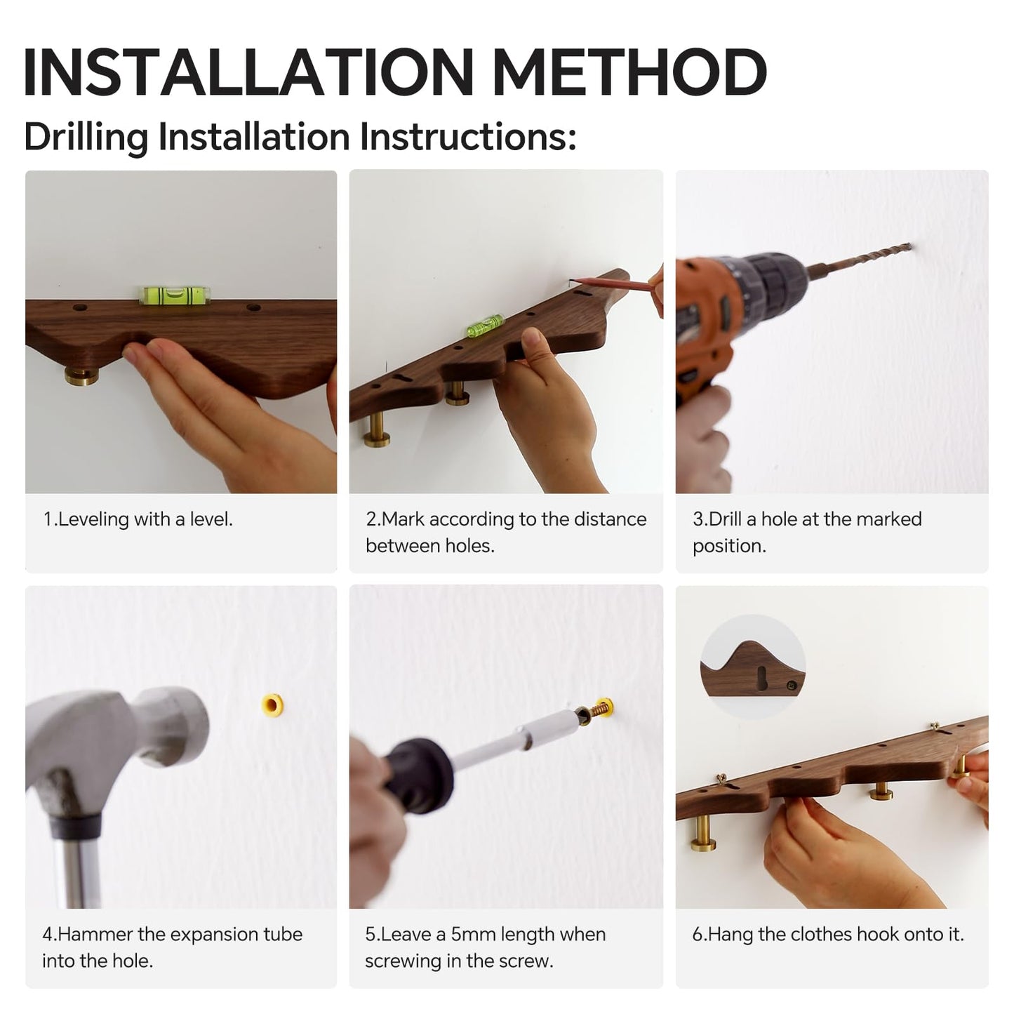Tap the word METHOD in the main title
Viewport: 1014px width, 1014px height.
(630, 72)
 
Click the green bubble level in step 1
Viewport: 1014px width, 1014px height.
(175, 295)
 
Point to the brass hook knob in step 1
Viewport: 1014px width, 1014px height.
(81, 375)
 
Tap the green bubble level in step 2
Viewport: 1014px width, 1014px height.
(484, 325)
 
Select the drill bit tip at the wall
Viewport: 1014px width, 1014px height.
(910, 246)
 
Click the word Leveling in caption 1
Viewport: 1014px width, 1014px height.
(93, 520)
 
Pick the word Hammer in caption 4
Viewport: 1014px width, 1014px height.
(95, 935)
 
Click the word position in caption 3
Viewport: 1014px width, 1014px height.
(729, 546)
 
